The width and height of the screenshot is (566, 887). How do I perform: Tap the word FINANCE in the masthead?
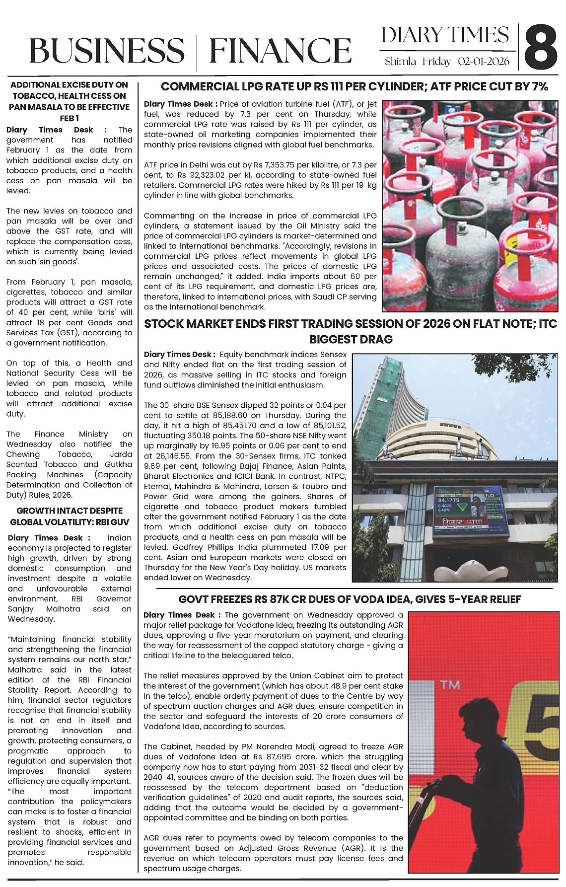point(280,51)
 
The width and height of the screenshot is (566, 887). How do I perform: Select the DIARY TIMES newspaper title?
point(445,35)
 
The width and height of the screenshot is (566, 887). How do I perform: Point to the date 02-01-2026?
point(484,62)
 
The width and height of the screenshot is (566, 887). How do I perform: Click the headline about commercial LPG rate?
point(354,86)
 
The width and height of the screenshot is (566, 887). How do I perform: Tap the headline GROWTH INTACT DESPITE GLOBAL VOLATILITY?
point(70,516)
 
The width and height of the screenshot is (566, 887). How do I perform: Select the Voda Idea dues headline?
point(350,599)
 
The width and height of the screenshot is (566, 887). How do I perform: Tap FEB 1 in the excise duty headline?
point(70,118)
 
